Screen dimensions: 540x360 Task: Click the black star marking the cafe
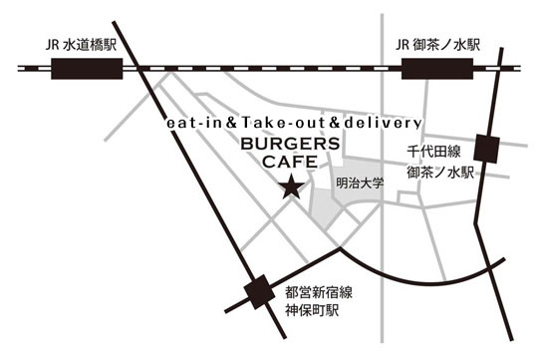tap(291, 186)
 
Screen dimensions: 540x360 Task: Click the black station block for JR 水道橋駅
tap(86, 68)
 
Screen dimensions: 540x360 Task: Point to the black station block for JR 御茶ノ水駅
tap(434, 68)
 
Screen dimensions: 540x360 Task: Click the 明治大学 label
tap(361, 184)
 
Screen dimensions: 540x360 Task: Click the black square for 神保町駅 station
tap(262, 291)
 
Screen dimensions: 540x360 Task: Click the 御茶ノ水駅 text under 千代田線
tap(439, 172)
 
